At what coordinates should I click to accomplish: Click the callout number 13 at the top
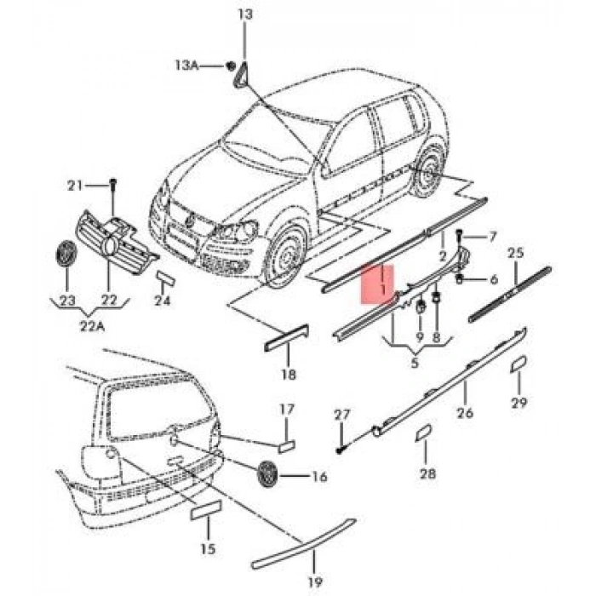[x=245, y=14]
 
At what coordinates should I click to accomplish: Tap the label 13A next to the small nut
[x=188, y=66]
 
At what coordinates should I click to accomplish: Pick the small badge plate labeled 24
[x=164, y=280]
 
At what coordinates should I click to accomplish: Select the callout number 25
[x=515, y=253]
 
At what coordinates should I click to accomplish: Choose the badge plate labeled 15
[x=204, y=510]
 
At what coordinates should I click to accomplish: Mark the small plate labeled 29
[x=516, y=364]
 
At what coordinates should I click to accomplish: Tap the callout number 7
[x=491, y=236]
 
